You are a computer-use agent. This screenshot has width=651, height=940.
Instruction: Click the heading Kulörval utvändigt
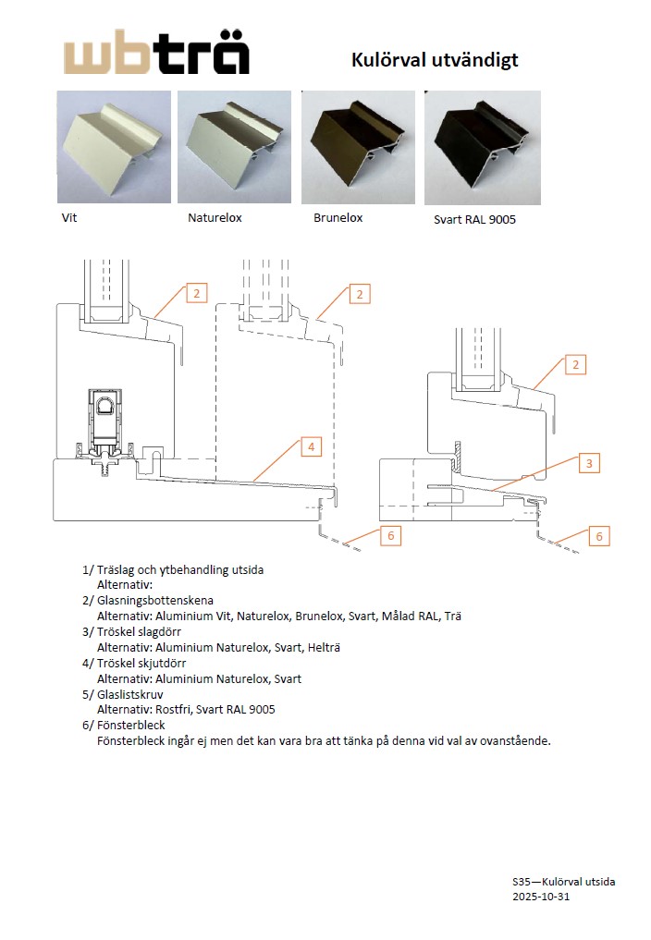coord(435,60)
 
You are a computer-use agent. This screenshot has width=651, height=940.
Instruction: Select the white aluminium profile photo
coord(114,146)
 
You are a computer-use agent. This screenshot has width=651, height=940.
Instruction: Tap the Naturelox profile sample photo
coord(235,146)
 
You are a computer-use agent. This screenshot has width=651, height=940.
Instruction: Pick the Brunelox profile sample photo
coord(359,146)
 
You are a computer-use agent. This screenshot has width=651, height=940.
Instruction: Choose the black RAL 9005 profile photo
coord(482,147)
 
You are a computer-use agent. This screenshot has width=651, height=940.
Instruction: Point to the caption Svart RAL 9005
coord(474,220)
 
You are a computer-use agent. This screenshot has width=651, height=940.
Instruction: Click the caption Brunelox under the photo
coord(338,218)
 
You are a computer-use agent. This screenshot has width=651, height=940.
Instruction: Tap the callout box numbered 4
coord(312,447)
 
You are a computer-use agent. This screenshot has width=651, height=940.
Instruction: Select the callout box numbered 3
coord(590,463)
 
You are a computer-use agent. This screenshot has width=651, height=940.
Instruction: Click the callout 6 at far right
coord(599,536)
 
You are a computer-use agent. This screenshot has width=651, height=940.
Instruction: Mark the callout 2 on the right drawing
coord(574,364)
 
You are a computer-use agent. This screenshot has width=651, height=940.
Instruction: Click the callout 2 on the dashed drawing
coord(359,294)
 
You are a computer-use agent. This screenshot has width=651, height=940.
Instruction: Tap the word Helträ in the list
coord(321,647)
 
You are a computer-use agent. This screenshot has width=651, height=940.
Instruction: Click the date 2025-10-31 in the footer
coord(541,897)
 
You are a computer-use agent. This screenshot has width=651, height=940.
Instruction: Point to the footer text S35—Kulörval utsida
coord(563,881)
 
